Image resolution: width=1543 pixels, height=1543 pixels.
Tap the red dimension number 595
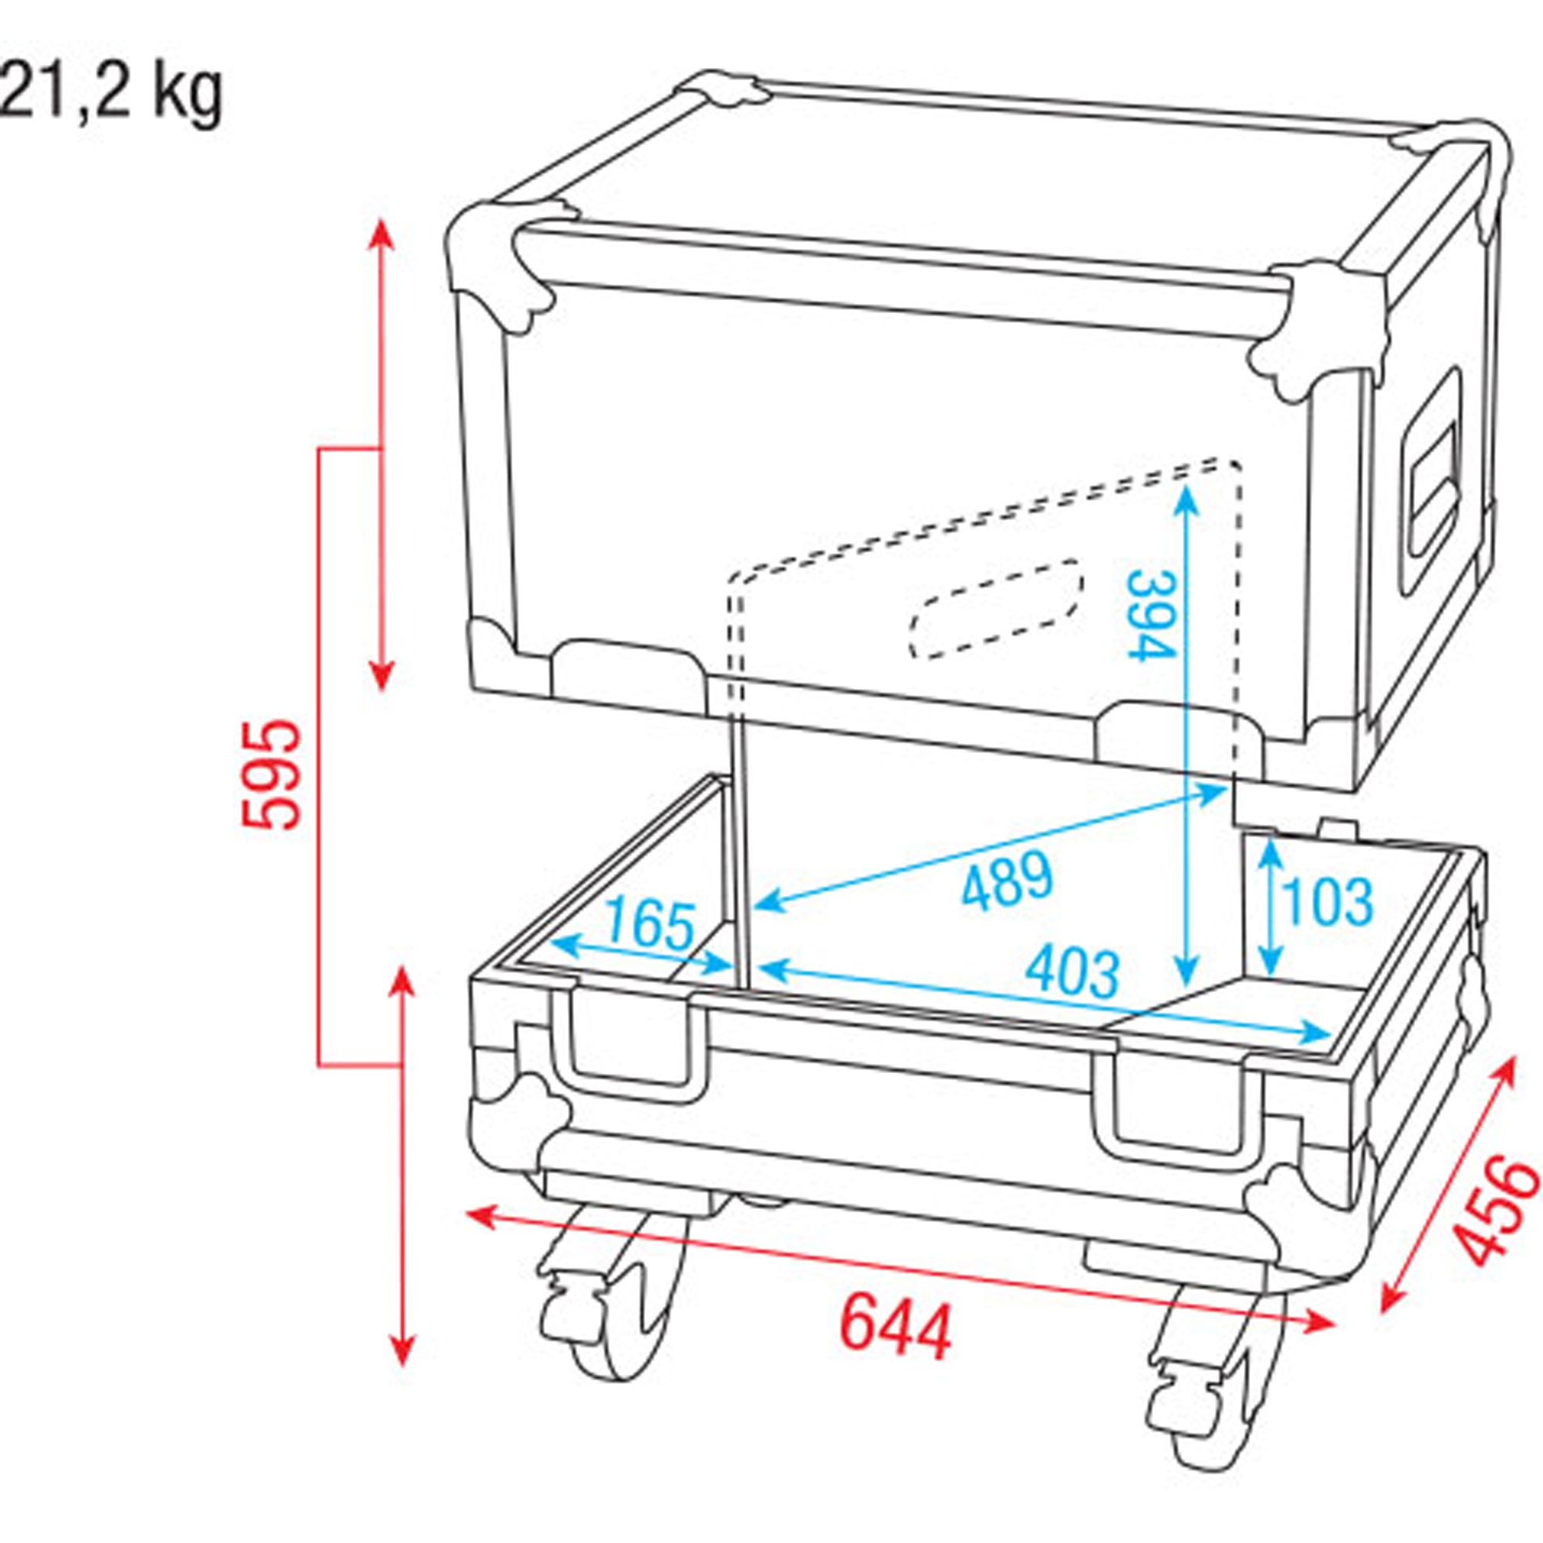click(271, 775)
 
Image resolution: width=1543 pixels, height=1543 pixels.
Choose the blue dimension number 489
click(1008, 881)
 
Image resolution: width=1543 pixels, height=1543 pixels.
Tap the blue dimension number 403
click(1072, 972)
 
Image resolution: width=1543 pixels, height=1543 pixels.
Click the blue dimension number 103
click(1326, 902)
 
